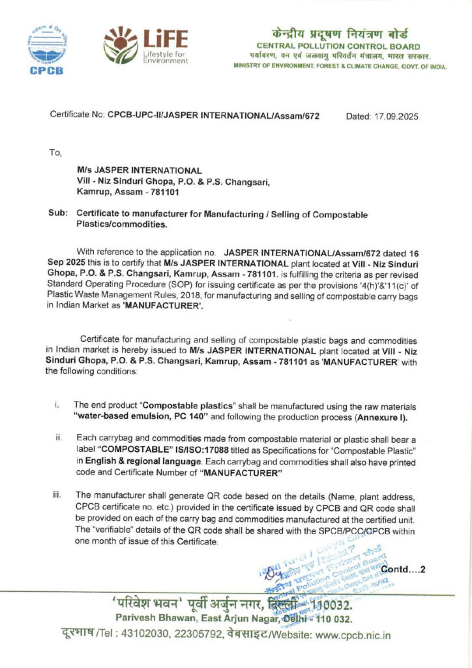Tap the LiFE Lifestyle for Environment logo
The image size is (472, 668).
(145, 45)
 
